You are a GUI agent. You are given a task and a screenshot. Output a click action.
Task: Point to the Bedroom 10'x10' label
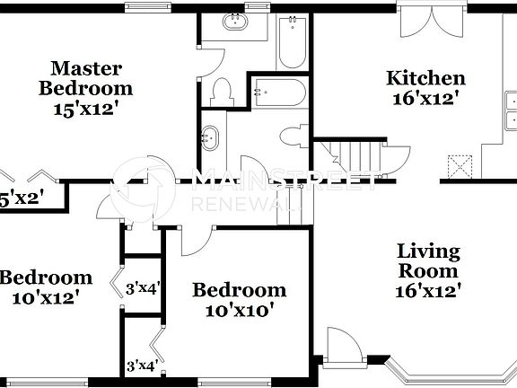pos(240,300)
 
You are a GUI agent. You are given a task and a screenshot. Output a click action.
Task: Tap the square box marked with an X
pos(460,165)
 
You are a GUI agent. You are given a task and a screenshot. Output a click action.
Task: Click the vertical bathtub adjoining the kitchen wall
pos(293,43)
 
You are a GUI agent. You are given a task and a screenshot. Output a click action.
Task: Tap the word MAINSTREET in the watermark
pos(286,180)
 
